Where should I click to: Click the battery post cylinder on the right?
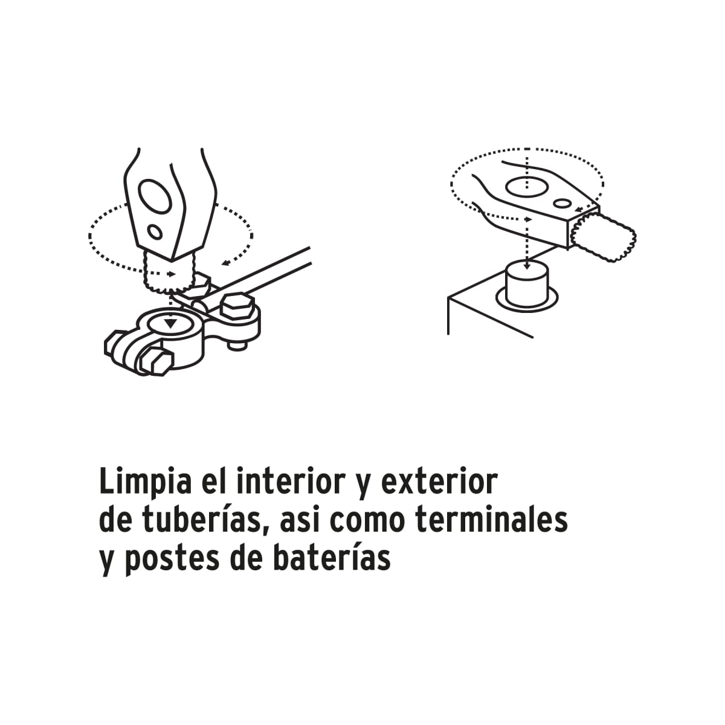pyautogui.click(x=528, y=283)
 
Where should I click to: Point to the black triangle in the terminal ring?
pyautogui.click(x=172, y=323)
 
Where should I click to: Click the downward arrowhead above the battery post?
pyautogui.click(x=528, y=264)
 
